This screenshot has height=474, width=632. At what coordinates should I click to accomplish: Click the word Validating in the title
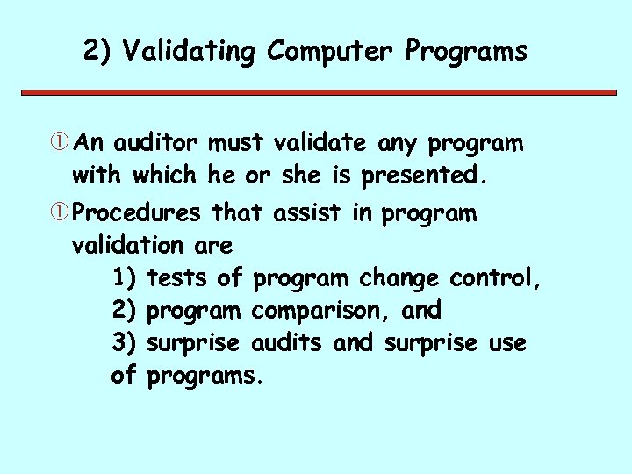point(189,52)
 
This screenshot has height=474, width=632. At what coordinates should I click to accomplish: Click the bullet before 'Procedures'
point(62,213)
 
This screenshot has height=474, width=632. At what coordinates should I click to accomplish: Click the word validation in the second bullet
point(126,245)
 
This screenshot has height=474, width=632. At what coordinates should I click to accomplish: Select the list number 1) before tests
point(124,278)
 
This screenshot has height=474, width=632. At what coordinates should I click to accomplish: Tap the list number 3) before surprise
point(124,343)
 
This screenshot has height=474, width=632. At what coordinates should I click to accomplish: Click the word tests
point(178,278)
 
